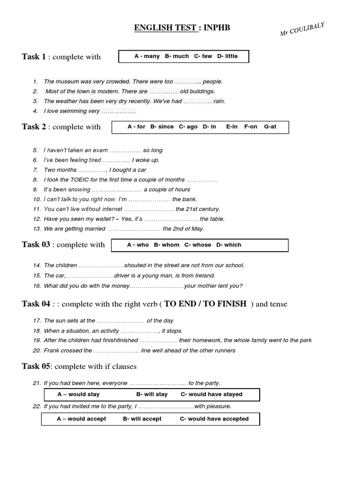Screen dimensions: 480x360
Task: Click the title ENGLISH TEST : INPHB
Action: [x=182, y=28]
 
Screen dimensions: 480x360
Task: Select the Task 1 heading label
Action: [x=34, y=57]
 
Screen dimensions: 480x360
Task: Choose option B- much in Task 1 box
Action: [x=177, y=56]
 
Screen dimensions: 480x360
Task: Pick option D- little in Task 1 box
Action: [x=227, y=56]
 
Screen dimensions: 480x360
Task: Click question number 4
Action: [x=35, y=111]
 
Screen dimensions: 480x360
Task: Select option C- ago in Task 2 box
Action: [x=188, y=127]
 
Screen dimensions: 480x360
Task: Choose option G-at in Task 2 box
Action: [x=270, y=127]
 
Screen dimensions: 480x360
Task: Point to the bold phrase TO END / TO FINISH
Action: [x=205, y=304]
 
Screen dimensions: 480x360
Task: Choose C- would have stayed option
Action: [x=211, y=394]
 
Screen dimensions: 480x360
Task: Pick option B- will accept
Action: [x=142, y=419]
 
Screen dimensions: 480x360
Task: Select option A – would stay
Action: [x=78, y=394]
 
